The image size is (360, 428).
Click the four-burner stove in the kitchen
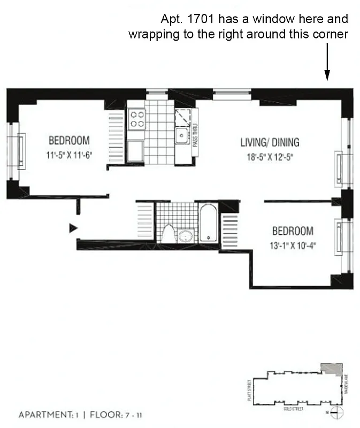tap(137, 119)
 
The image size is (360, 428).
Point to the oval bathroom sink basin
tap(186, 235)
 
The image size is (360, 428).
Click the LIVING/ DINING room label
tap(270, 143)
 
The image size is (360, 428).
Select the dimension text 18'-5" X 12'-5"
tap(270, 157)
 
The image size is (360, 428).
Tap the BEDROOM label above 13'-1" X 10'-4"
tap(293, 232)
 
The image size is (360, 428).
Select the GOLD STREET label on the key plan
tap(293, 408)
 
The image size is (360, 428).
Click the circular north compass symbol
tap(336, 412)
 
